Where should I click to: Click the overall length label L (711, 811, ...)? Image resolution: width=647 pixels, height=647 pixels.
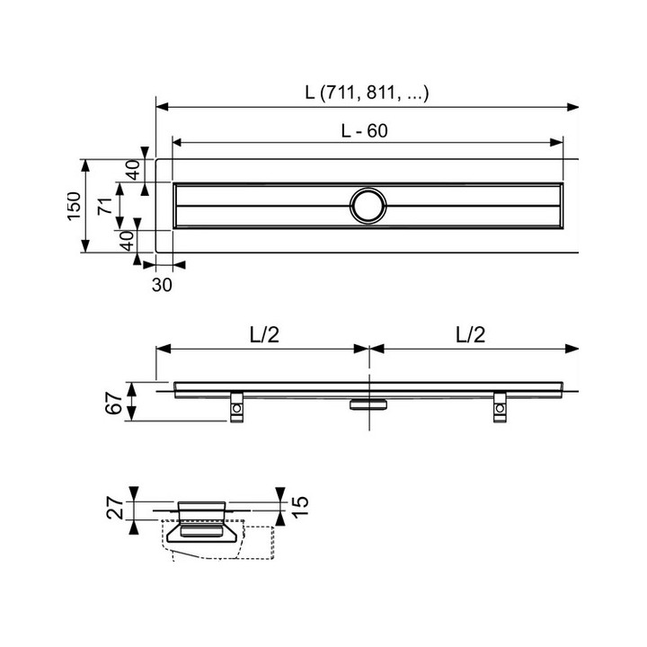367,93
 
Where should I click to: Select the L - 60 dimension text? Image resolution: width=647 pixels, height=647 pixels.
364,131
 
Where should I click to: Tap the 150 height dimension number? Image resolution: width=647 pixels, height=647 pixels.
75,206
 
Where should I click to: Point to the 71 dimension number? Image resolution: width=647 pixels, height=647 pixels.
105,206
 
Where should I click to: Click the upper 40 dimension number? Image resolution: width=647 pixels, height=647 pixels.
133,170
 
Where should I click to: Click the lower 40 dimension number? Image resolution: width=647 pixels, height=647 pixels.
127,241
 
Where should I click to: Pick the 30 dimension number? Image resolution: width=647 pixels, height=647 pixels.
162,285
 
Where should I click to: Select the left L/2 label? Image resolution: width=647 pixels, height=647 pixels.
264,334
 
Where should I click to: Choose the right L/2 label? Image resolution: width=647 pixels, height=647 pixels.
470,334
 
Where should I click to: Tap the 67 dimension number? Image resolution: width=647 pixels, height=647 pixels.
114,403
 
